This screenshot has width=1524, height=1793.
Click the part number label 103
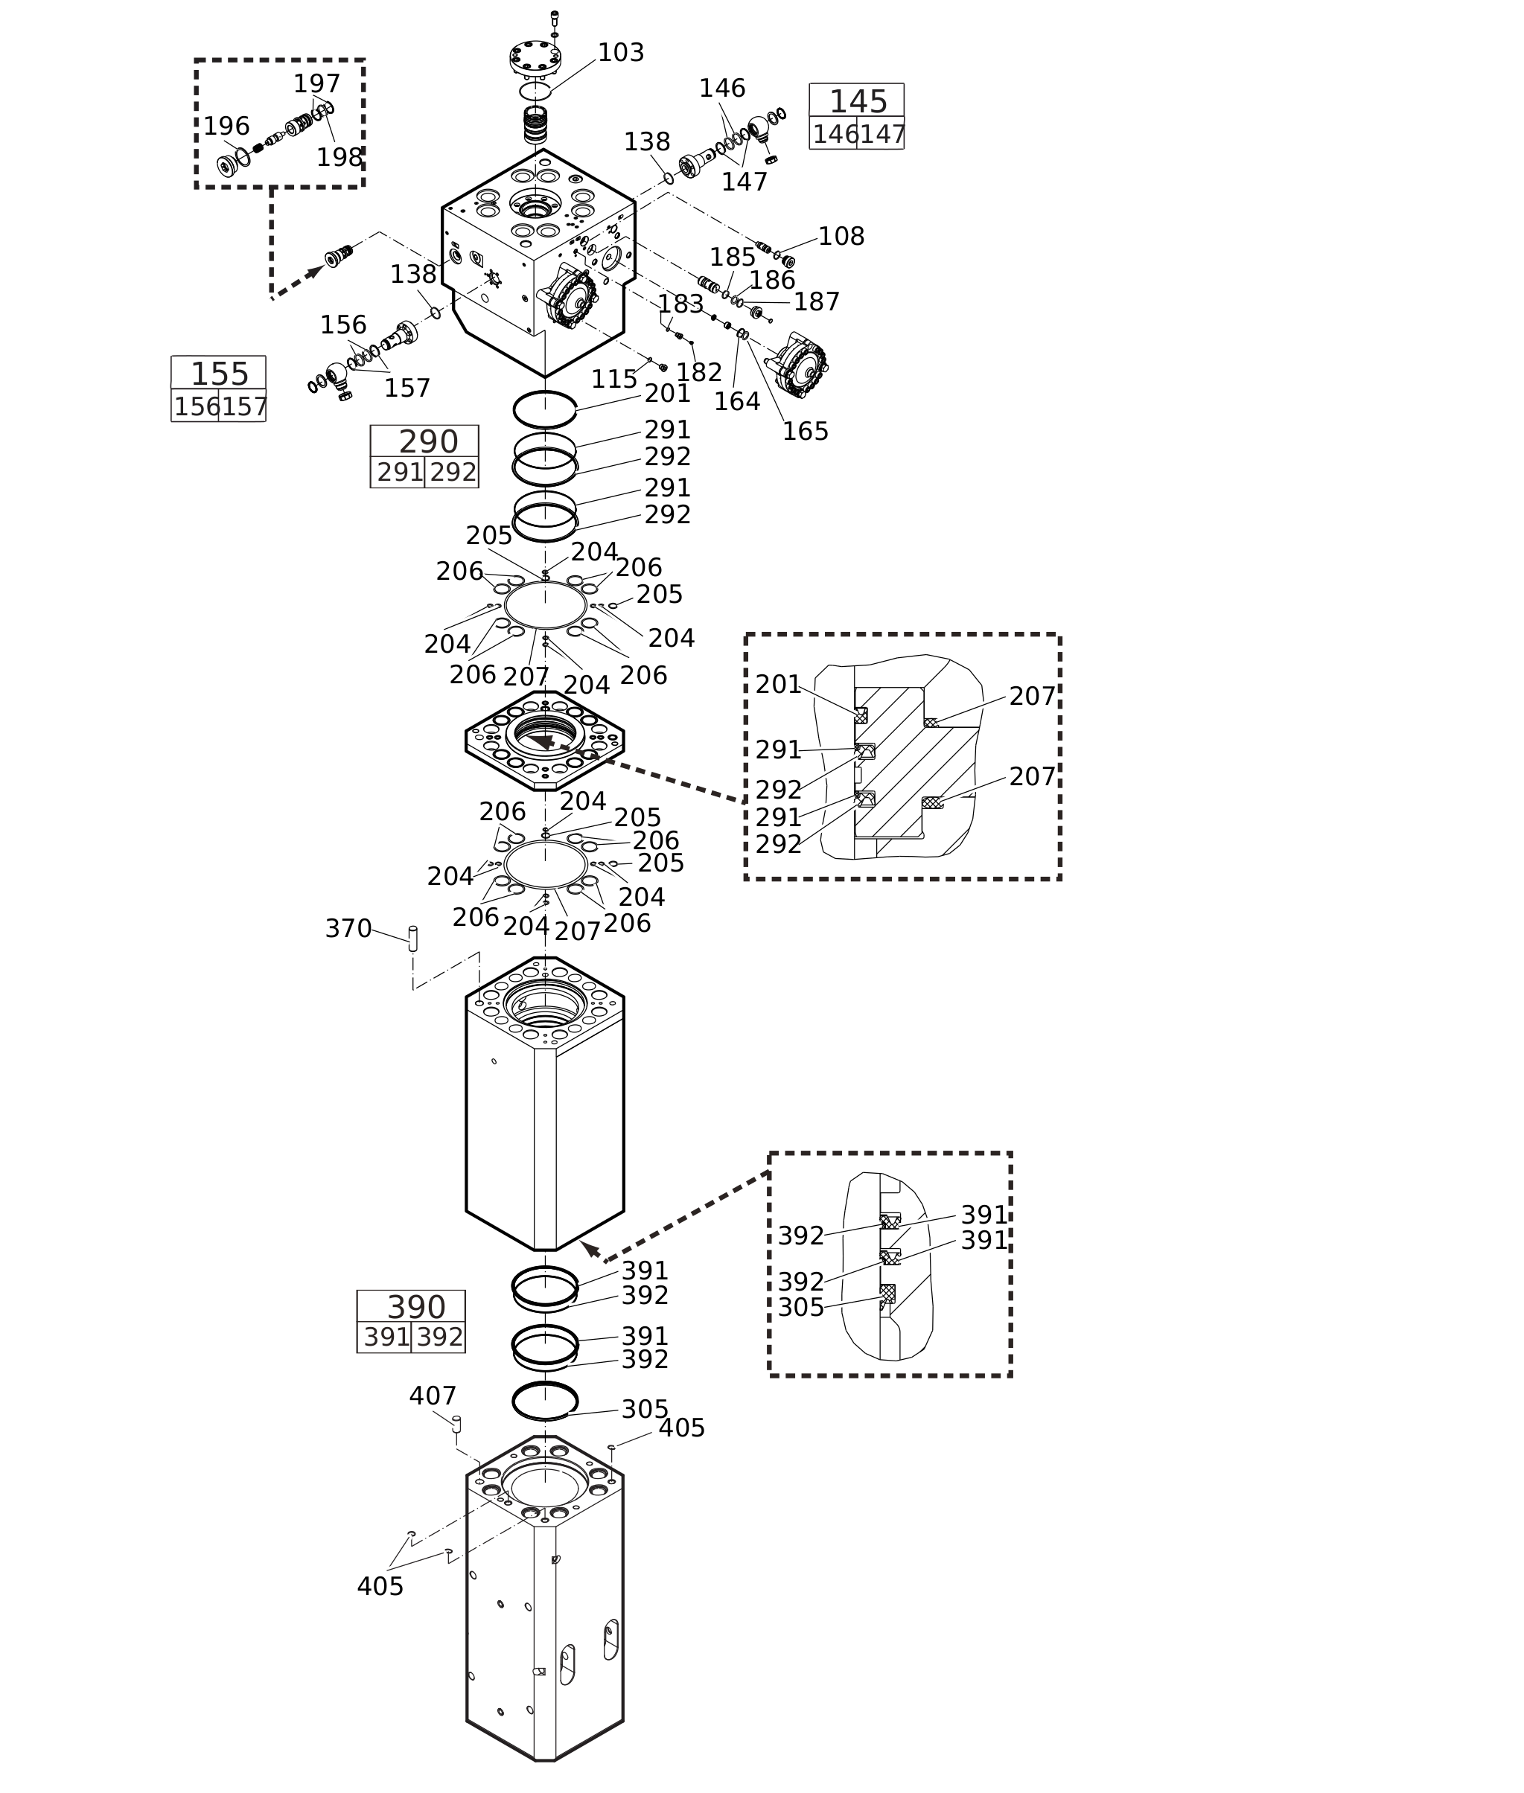(x=620, y=54)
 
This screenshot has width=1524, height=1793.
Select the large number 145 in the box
(x=858, y=102)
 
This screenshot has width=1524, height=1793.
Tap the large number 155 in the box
(x=220, y=374)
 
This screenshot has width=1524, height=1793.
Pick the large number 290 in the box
(x=427, y=442)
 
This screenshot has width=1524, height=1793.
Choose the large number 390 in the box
(x=415, y=1308)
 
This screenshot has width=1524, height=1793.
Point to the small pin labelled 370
(x=413, y=939)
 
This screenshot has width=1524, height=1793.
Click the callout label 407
(x=432, y=1396)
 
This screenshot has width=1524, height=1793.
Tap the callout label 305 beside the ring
(x=645, y=1410)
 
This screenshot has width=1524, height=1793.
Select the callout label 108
(x=841, y=237)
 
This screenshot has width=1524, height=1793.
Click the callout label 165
(x=804, y=432)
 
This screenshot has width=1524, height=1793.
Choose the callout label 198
(x=339, y=158)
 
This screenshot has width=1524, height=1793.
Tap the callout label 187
(x=815, y=302)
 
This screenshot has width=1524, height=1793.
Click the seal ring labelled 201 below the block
(x=544, y=409)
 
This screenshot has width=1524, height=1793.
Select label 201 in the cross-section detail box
(x=777, y=685)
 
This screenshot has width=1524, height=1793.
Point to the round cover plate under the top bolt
(x=535, y=59)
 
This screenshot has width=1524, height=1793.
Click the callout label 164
(x=736, y=402)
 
